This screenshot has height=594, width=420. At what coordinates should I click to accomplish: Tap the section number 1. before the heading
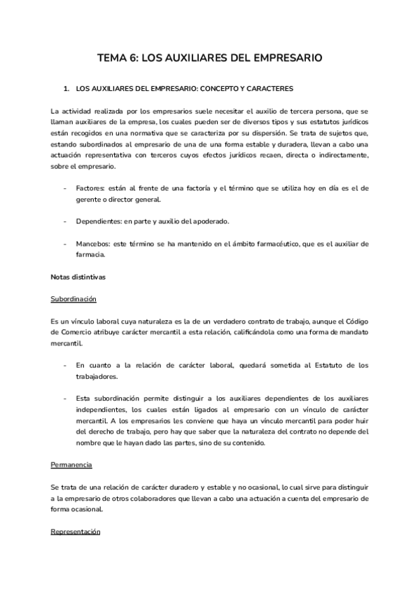(x=66, y=90)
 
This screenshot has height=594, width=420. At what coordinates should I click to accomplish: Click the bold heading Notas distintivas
(x=78, y=277)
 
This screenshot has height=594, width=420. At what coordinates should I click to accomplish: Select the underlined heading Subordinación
(x=73, y=298)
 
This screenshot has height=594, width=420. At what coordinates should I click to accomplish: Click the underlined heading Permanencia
(x=71, y=465)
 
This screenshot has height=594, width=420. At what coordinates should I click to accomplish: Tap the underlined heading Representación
(x=76, y=532)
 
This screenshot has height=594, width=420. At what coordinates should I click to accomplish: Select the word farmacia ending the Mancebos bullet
(x=90, y=255)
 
